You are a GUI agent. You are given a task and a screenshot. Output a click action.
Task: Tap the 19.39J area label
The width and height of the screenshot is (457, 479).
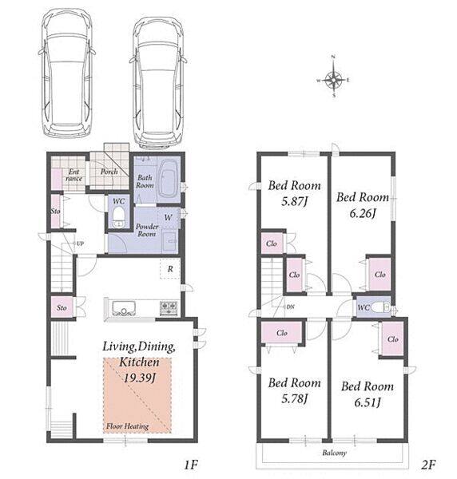click(139, 378)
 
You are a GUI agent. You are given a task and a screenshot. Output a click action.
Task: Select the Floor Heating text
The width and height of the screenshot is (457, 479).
click(128, 426)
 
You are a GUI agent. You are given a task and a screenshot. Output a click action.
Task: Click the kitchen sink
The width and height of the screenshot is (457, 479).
click(124, 308)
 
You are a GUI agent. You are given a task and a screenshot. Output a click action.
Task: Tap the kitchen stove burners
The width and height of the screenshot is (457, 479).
click(168, 307)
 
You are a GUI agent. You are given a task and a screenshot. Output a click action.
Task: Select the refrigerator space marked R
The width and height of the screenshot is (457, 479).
click(170, 269)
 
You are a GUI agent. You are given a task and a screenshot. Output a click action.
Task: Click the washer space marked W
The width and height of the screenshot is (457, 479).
click(168, 217)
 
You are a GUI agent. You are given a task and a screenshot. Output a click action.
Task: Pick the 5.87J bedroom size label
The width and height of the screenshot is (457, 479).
click(294, 201)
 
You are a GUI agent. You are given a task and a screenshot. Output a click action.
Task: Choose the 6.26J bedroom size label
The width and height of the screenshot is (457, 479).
click(363, 213)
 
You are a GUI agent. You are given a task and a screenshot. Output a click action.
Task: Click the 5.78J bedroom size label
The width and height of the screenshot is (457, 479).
click(294, 398)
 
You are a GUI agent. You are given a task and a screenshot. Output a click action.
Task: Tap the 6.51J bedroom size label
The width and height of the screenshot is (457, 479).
click(368, 402)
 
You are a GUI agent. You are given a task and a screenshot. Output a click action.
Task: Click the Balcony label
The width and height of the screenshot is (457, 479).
click(334, 453)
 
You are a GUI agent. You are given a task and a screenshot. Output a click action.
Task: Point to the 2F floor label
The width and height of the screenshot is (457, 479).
click(428, 465)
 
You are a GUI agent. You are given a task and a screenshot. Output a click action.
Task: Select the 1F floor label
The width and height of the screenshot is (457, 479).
click(190, 465)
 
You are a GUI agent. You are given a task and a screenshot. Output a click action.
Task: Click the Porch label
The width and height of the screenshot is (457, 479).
click(109, 172)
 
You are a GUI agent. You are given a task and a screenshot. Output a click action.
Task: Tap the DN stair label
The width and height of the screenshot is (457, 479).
click(290, 307)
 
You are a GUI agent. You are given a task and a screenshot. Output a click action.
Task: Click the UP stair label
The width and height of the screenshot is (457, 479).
click(80, 243)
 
